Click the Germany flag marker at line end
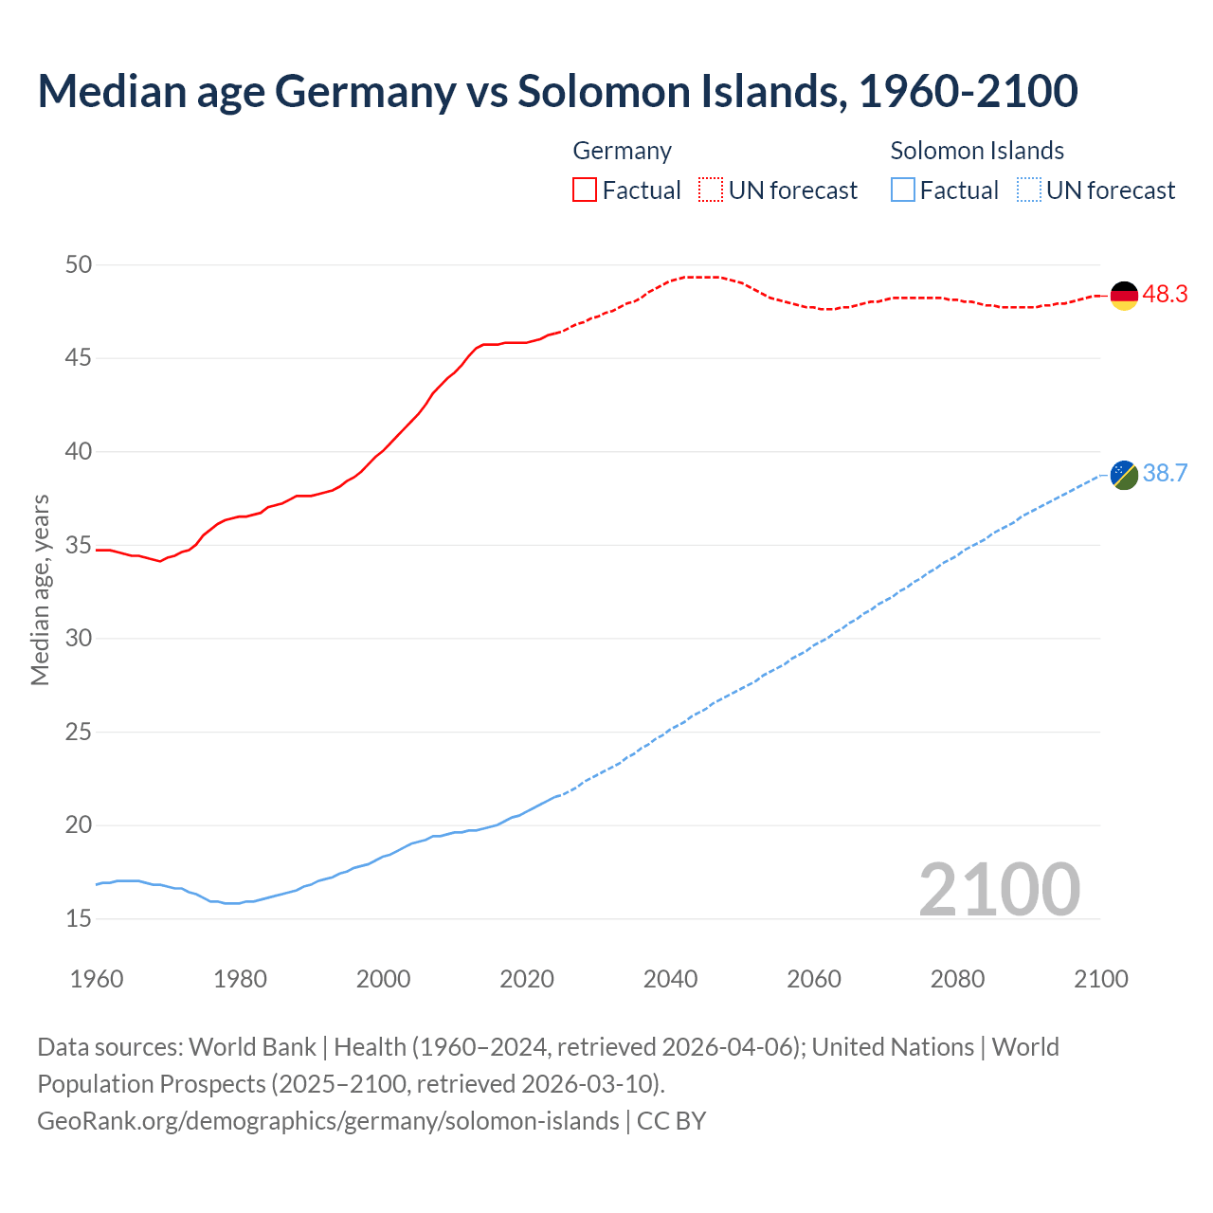point(1124,296)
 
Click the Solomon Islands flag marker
point(1124,475)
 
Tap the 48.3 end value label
point(1165,295)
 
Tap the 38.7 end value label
point(1165,474)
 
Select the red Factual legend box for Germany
point(585,190)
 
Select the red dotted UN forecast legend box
point(711,190)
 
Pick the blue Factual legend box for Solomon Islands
point(903,190)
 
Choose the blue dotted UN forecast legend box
point(1029,190)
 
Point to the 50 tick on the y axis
point(79,265)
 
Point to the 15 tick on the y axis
point(79,918)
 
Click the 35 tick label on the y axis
point(79,546)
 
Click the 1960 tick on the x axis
point(97,979)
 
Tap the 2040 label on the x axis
point(670,979)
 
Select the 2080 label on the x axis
point(957,979)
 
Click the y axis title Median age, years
point(40,589)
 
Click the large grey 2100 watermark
point(999,889)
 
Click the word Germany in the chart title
point(366,91)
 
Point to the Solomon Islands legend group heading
point(977,151)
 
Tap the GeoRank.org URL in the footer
point(328,1121)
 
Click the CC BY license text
point(672,1121)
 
